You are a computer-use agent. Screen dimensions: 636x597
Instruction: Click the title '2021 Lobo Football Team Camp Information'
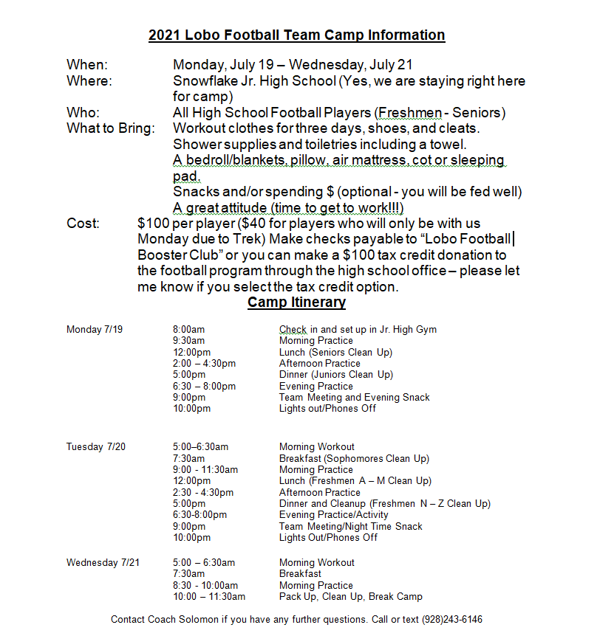coord(296,35)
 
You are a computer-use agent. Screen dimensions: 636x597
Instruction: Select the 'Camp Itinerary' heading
coord(296,303)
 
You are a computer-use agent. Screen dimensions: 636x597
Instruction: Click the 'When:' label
coord(87,65)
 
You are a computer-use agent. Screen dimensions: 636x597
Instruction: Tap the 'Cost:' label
coord(83,224)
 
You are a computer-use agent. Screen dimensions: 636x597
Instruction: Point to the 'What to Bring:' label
coord(111,128)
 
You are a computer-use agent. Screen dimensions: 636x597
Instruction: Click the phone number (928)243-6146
coord(452,619)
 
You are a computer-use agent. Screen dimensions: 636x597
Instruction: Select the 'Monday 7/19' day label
coord(95,329)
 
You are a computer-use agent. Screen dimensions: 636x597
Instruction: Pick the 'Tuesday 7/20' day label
coord(96,446)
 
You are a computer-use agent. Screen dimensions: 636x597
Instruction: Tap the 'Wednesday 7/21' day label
coord(103,562)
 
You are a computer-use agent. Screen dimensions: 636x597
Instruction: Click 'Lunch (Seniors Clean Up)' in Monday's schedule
coord(335,352)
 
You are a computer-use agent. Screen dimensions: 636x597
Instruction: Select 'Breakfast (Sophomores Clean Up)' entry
coord(354,458)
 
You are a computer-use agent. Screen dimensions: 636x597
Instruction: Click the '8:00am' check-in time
coord(188,329)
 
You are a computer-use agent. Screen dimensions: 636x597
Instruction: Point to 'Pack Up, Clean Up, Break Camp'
coord(350,596)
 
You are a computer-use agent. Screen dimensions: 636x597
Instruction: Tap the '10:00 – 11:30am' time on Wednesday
coord(209,596)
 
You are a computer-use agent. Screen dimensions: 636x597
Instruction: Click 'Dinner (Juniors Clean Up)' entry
coord(336,374)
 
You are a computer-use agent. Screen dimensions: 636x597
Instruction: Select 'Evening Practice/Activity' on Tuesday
coord(333,514)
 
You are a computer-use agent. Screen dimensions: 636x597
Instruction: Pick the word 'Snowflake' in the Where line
coord(205,80)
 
